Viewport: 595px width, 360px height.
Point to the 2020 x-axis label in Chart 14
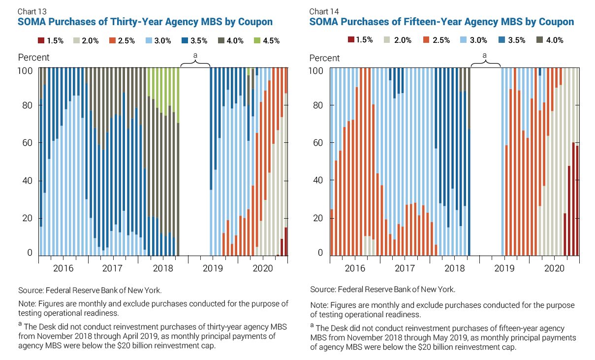point(554,268)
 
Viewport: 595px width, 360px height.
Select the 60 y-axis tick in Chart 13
point(28,143)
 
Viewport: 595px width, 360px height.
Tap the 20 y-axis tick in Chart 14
point(319,218)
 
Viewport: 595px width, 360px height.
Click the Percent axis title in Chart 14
point(324,58)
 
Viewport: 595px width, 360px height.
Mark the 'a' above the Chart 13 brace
point(195,56)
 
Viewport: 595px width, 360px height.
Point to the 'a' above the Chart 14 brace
point(485,56)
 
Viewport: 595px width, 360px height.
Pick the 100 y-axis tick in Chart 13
point(26,70)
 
